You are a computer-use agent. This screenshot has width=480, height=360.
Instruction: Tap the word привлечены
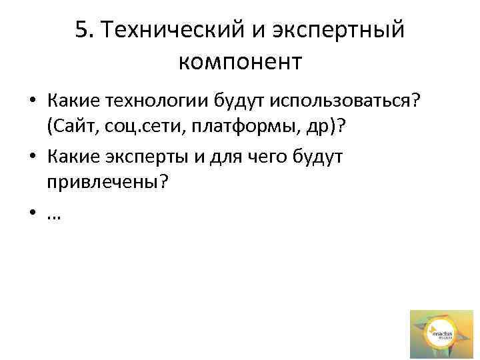click(x=103, y=184)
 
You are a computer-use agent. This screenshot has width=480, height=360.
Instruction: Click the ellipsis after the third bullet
click(x=53, y=215)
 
